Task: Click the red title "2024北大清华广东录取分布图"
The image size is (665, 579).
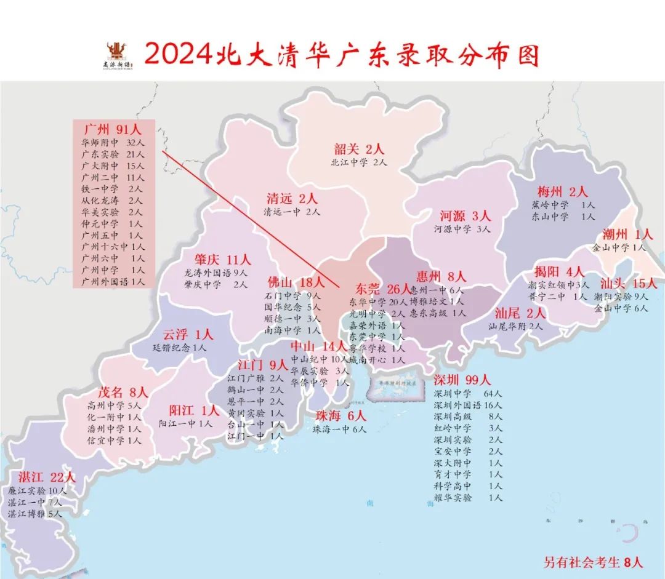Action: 342,54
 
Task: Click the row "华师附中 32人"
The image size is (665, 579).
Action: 113,143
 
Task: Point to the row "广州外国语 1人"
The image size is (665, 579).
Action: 113,281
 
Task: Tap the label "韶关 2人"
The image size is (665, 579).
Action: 359,149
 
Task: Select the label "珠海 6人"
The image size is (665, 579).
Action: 341,416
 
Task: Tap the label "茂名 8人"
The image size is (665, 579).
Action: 123,392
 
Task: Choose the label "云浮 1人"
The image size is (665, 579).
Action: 188,335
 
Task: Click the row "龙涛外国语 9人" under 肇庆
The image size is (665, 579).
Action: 216,272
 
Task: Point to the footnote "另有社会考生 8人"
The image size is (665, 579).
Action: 593,562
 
